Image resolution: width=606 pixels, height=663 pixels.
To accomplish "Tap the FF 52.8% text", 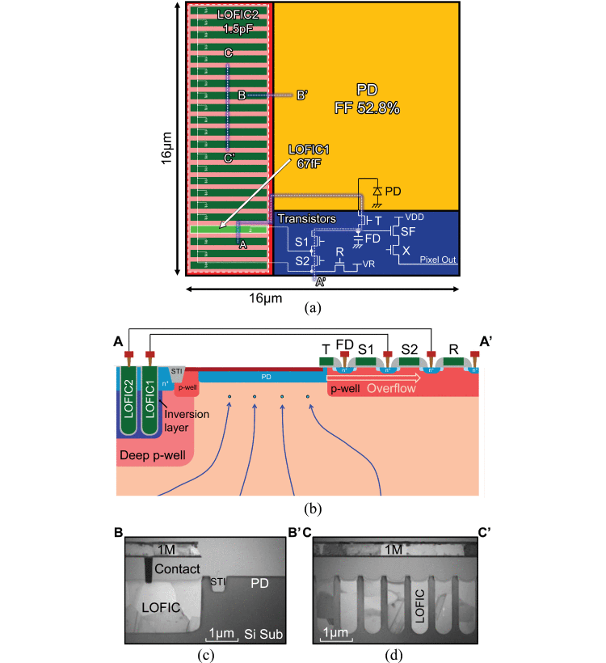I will click(x=368, y=108).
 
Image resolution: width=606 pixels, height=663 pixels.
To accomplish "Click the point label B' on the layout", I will click(x=301, y=95).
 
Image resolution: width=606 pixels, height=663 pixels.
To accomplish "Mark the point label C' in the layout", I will click(x=229, y=158).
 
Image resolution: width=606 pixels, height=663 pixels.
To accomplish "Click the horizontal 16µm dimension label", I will click(x=266, y=298).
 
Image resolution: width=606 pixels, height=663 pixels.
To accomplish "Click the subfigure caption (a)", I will click(x=312, y=308).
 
